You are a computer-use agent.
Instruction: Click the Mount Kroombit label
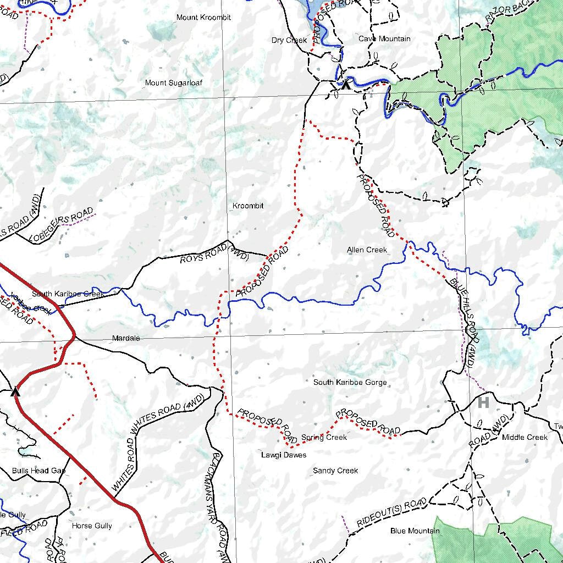(x=203, y=18)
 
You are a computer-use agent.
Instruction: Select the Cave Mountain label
(x=384, y=39)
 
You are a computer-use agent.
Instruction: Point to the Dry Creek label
(x=289, y=40)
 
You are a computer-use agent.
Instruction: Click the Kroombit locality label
(x=248, y=206)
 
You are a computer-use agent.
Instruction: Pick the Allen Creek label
(x=367, y=250)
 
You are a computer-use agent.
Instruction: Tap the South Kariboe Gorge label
(x=350, y=382)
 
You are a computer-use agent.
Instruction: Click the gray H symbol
(x=483, y=402)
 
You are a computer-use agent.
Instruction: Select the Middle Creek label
(x=525, y=437)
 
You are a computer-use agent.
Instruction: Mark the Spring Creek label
(x=324, y=438)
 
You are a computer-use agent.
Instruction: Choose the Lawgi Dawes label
(x=283, y=455)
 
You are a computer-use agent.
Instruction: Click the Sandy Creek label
(x=335, y=471)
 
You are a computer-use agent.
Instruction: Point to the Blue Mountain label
(x=415, y=531)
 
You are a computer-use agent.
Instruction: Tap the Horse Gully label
(x=92, y=526)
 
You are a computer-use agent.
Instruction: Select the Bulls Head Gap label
(x=38, y=471)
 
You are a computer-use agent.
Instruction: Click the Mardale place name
(x=126, y=338)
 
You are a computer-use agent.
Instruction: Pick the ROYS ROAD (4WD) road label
(x=214, y=256)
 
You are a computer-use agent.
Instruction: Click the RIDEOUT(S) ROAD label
(x=391, y=512)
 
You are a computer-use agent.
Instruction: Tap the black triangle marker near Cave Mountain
(x=345, y=85)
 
